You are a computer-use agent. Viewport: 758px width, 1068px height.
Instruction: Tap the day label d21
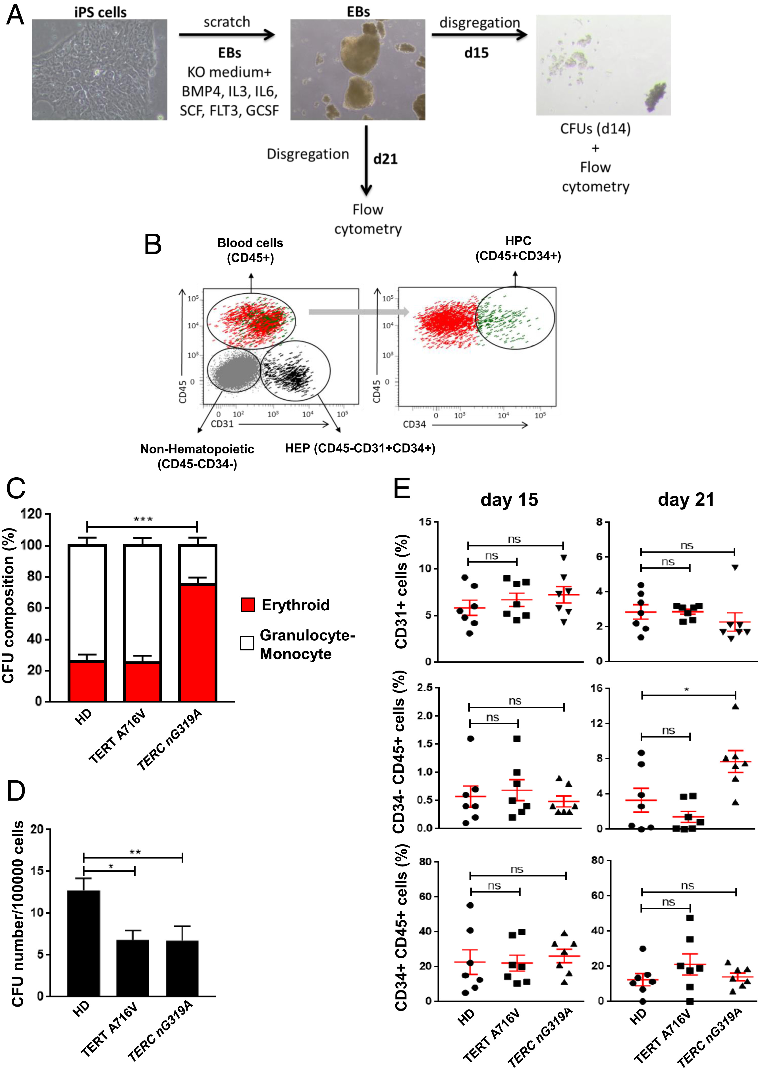pyautogui.click(x=385, y=159)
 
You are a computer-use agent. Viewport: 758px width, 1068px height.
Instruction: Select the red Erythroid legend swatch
pyautogui.click(x=247, y=604)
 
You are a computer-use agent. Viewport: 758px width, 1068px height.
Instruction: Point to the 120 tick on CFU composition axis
pyautogui.click(x=31, y=514)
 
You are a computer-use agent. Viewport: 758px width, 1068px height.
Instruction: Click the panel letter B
pyautogui.click(x=153, y=244)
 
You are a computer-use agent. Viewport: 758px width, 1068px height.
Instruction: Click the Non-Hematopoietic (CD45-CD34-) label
pyautogui.click(x=197, y=456)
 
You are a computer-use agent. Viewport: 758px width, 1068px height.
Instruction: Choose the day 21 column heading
pyautogui.click(x=686, y=499)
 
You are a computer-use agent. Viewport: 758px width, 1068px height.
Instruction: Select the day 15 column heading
pyautogui.click(x=509, y=499)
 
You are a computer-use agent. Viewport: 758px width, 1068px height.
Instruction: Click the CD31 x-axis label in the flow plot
pyautogui.click(x=222, y=424)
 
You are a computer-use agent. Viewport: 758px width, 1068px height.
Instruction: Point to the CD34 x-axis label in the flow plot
pyautogui.click(x=414, y=424)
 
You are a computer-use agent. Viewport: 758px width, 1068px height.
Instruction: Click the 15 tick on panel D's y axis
pyautogui.click(x=36, y=871)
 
